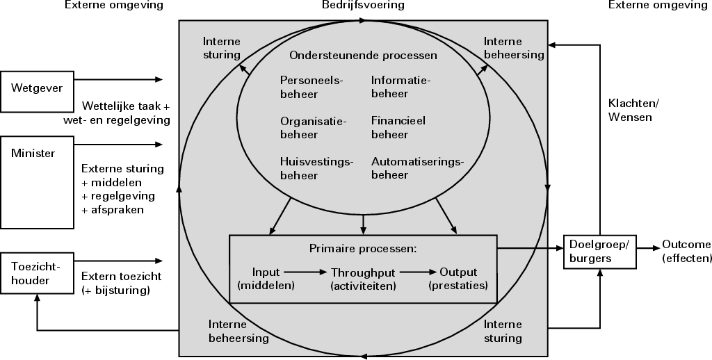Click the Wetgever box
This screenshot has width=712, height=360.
(38, 91)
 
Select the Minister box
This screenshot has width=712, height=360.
(38, 182)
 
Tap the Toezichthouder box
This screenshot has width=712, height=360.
(38, 272)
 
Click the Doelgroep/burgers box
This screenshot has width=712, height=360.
(599, 250)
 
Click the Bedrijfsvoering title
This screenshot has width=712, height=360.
(363, 6)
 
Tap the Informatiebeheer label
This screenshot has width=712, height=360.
(400, 87)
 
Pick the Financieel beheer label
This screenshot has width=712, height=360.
(398, 127)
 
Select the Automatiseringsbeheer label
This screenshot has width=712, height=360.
(416, 168)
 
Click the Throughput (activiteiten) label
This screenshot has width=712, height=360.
(363, 279)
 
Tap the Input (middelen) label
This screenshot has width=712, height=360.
(266, 279)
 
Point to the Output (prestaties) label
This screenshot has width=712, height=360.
(459, 279)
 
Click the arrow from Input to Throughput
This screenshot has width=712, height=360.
(306, 272)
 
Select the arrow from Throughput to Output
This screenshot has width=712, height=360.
(414, 272)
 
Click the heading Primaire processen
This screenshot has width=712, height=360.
(362, 248)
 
